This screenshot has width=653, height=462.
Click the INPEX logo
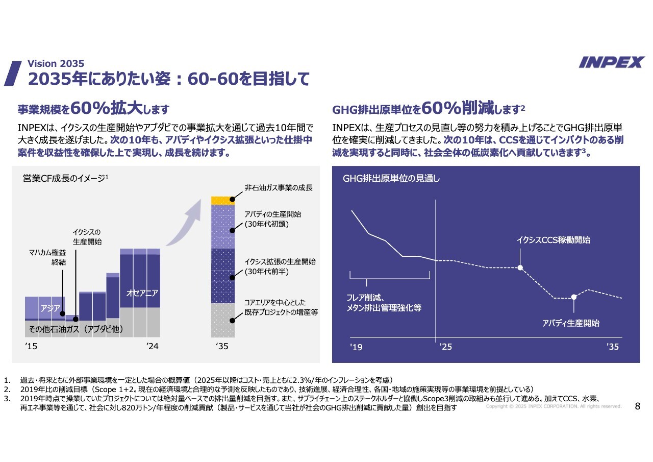[x=612, y=62]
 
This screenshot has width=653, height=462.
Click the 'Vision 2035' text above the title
[x=56, y=64]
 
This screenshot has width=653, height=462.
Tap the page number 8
[x=637, y=406]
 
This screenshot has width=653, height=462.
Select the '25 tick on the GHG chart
[x=445, y=347]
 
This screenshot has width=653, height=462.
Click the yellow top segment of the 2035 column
[x=223, y=200]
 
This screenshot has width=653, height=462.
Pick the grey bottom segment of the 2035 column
[x=223, y=321]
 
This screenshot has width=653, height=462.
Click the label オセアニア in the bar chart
[x=142, y=293]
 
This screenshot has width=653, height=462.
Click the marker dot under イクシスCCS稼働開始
[x=520, y=268]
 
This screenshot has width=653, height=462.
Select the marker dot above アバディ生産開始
[x=574, y=297]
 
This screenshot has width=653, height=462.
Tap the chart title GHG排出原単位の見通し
[x=391, y=179]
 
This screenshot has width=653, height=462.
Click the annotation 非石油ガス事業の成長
[x=278, y=188]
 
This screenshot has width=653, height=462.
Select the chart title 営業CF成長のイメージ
[x=65, y=178]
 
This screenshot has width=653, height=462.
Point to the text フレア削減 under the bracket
[x=365, y=298]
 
